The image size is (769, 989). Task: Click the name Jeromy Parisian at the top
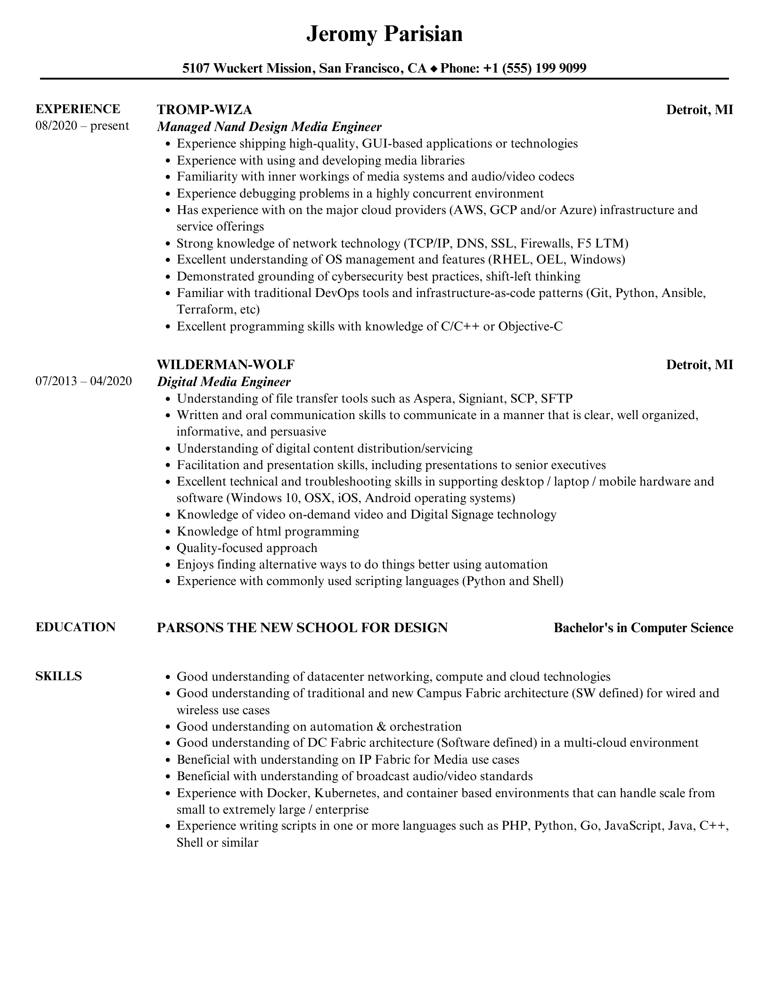[x=384, y=34]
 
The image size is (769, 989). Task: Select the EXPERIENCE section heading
[x=78, y=109]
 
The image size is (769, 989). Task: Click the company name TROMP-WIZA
[x=204, y=109]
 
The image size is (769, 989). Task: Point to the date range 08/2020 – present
[x=82, y=126]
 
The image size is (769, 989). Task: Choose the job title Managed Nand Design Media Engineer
[x=269, y=126]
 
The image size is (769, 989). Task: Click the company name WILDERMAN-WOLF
[x=226, y=364]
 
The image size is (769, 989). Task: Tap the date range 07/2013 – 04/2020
[x=83, y=381]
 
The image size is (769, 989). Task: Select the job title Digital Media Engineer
[x=224, y=381]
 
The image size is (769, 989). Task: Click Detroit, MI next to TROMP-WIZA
[x=699, y=109]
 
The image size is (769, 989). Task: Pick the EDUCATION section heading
[x=75, y=627]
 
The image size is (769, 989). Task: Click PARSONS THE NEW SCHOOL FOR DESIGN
[x=302, y=627]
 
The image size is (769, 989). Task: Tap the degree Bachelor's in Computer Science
[x=643, y=627]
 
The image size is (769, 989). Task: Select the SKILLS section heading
[x=58, y=676]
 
